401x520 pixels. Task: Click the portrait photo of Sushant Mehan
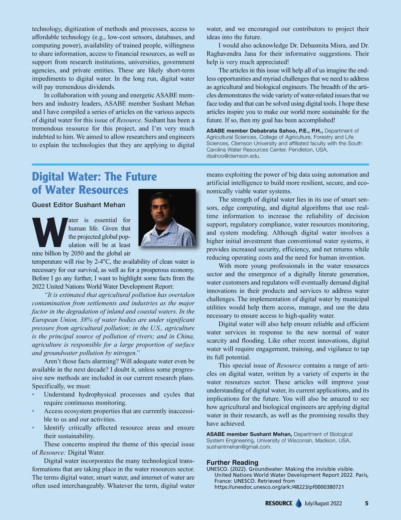pos(167,217)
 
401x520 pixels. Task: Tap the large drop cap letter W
pos(49,232)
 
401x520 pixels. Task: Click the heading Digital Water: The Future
pos(94,176)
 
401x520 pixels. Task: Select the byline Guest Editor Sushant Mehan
pos(79,205)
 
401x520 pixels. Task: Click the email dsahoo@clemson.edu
pos(233,156)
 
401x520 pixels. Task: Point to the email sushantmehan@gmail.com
pos(239,447)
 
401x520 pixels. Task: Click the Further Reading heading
pos(232,462)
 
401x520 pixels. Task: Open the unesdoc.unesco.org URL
pos(279,487)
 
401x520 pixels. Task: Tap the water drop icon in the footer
pos(298,503)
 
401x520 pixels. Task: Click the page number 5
pos(367,503)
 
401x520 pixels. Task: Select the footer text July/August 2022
pos(323,503)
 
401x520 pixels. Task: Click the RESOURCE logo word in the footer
pos(279,503)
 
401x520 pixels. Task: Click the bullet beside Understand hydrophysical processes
pos(33,395)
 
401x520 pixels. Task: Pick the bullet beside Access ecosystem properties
pos(33,411)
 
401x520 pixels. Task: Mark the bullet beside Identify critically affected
pos(33,428)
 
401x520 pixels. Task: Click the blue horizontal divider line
pos(200,164)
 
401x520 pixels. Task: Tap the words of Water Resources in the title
pos(80,190)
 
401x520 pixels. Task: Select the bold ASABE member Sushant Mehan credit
pos(249,434)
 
